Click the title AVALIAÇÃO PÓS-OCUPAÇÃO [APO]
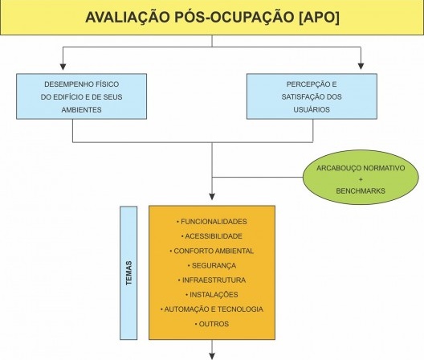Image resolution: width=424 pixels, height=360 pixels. (x=212, y=17)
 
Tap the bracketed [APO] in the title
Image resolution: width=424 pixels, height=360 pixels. (x=319, y=18)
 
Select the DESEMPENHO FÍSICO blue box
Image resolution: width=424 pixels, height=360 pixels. (x=81, y=96)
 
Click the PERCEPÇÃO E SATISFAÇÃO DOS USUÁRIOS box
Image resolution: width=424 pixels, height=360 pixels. (x=312, y=96)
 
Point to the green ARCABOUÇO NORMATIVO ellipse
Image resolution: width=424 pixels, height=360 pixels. (x=361, y=178)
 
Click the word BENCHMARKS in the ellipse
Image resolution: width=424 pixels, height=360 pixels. (x=361, y=190)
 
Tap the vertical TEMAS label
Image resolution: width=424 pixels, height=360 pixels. (x=128, y=273)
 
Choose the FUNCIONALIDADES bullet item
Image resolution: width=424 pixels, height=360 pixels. (x=212, y=222)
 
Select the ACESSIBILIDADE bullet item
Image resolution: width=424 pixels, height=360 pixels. (x=212, y=236)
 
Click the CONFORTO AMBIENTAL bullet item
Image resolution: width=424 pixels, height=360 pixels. (x=212, y=251)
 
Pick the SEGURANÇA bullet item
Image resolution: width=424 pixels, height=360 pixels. (x=212, y=265)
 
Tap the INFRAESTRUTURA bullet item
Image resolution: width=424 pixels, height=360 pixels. (x=212, y=280)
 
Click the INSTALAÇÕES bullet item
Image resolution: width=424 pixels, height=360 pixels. (x=212, y=294)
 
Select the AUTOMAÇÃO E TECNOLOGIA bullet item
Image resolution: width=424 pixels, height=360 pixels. (x=212, y=309)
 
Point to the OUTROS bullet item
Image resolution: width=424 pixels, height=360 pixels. (x=212, y=324)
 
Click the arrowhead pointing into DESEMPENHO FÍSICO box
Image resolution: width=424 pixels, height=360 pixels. (x=63, y=67)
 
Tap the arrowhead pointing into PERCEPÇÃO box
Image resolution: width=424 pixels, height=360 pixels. (x=361, y=67)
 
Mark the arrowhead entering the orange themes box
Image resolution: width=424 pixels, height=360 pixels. (x=212, y=197)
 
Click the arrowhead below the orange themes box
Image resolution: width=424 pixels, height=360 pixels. (x=212, y=356)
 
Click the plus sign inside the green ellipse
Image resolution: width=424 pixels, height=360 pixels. (x=361, y=179)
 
